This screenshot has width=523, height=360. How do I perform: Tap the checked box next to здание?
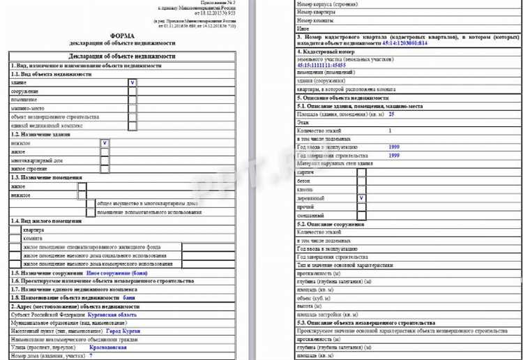point(132,82)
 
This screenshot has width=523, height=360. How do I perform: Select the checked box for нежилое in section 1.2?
point(105,143)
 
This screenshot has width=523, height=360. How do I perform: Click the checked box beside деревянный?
point(361,198)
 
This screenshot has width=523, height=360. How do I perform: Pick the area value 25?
point(392,113)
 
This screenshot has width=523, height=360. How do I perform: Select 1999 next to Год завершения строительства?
point(394,156)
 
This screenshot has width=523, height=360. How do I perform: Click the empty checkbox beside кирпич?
point(361,172)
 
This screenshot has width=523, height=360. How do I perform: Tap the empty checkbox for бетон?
point(361,181)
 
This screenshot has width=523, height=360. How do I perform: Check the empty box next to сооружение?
point(132,91)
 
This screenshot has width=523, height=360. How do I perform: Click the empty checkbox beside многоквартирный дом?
point(105,160)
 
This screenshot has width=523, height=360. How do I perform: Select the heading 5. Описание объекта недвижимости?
point(342,98)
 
